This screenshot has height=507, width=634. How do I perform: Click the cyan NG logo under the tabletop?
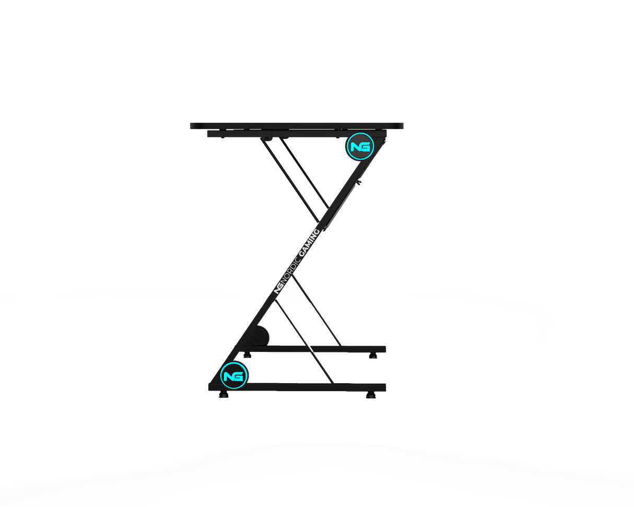click(360, 147)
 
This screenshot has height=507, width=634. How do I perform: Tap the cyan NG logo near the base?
click(232, 375)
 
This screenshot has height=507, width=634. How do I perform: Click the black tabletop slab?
click(296, 126)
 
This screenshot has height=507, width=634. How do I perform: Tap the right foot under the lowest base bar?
click(370, 396)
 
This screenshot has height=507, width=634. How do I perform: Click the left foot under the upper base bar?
click(247, 356)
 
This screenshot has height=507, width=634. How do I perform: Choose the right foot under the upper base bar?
click(372, 356)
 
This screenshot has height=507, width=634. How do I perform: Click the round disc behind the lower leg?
click(261, 336)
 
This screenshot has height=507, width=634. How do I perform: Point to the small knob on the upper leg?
click(360, 183)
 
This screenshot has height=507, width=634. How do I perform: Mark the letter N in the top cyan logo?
click(355, 147)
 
